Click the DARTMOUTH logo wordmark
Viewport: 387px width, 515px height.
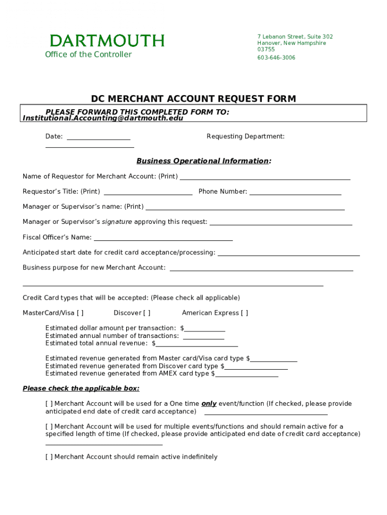pos(107,41)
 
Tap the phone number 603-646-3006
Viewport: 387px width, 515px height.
pos(276,58)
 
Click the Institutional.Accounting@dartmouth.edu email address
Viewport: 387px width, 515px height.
pos(103,118)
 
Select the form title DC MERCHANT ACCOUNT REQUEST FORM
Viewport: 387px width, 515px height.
pos(193,99)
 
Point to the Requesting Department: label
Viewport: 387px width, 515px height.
pos(245,136)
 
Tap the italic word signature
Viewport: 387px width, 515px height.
pos(117,222)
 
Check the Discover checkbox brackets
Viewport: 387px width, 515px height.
pos(146,313)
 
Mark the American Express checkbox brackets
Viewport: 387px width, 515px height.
pos(244,313)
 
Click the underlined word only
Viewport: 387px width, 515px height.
pos(209,404)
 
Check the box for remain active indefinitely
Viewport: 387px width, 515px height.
pos(49,457)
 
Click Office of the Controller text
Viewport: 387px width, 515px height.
pos(88,54)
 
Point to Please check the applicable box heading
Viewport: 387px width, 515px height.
pos(81,389)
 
